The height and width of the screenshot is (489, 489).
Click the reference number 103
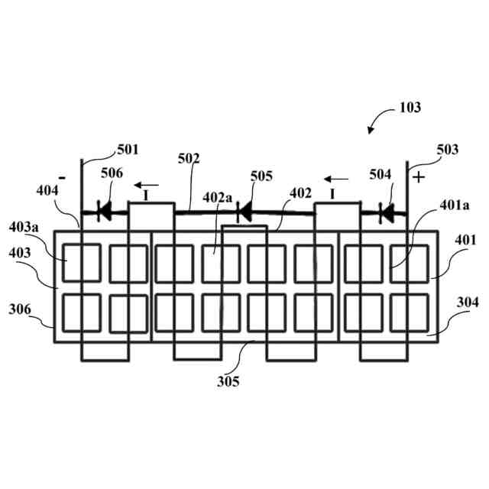pos(410,108)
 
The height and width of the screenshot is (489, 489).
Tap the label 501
pos(128,149)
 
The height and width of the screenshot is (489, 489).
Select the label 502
pos(189,159)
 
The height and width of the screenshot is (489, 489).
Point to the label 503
pos(447,150)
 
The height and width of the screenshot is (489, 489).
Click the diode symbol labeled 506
pos(102,211)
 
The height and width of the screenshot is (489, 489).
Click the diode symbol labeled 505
pos(244,211)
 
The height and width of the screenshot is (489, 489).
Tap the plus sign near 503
pos(418,178)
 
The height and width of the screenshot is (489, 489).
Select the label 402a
pos(217,196)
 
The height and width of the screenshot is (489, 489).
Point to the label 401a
pos(455,206)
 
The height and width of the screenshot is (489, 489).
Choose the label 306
pos(20,309)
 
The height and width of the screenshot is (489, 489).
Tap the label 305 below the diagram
pos(227,381)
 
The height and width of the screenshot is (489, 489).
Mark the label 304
pos(467,303)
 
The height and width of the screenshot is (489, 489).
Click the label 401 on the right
pos(465,241)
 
